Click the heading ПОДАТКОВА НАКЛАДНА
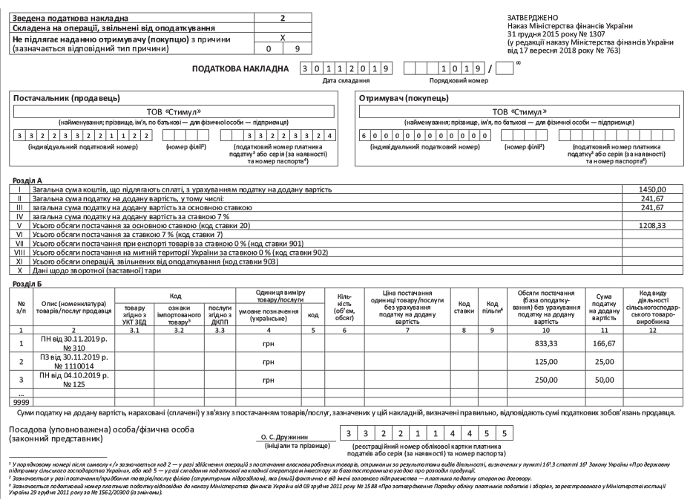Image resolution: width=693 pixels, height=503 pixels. coord(242,68)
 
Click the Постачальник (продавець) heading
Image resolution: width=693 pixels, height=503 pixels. coord(58,98)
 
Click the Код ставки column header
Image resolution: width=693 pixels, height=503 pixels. coord(465,308)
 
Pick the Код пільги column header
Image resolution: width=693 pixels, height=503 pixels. coord(490,308)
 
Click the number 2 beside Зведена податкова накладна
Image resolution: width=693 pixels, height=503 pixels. coord(282,16)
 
